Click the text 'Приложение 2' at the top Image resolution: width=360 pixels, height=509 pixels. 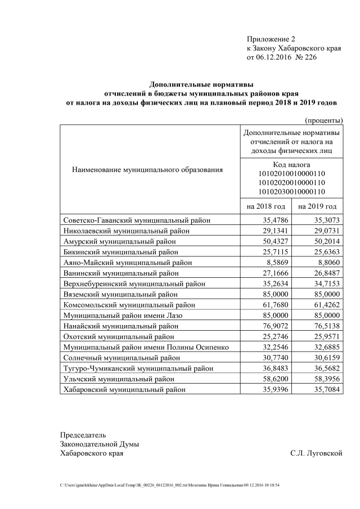pyautogui.click(x=271, y=39)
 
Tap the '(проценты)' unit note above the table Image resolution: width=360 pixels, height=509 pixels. pyautogui.click(x=323, y=120)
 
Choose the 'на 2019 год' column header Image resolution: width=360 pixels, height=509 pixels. pyautogui.click(x=317, y=206)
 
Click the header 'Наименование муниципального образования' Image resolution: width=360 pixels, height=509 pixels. pyautogui.click(x=147, y=169)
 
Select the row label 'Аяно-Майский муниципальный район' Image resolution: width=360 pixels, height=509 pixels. pyautogui.click(x=128, y=262)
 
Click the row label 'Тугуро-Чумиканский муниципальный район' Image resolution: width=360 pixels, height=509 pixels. pyautogui.click(x=138, y=368)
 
